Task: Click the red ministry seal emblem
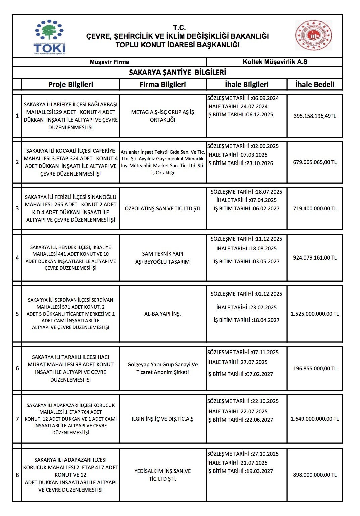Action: [313, 35]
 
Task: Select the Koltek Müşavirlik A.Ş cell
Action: [275, 62]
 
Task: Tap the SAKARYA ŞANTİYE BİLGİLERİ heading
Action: [177, 72]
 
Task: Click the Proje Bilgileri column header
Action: [71, 84]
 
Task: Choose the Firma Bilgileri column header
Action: [163, 84]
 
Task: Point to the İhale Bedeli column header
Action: [315, 84]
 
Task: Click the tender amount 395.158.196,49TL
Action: [315, 116]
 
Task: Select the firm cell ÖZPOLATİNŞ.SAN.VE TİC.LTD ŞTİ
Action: [163, 208]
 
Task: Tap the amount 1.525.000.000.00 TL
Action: [315, 314]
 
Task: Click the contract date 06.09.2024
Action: [265, 98]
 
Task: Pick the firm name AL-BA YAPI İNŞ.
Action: [163, 314]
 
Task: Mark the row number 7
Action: [17, 419]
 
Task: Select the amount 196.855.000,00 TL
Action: [315, 369]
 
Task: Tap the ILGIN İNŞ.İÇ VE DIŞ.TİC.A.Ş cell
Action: [163, 419]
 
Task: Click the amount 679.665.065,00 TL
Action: [315, 162]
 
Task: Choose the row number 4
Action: [17, 258]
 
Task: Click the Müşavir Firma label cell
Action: [109, 62]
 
